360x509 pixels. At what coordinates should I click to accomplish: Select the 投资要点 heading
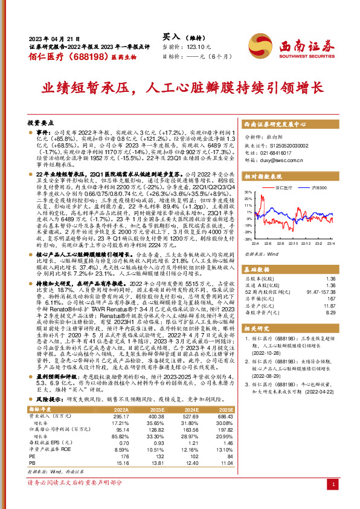pos(40,121)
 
